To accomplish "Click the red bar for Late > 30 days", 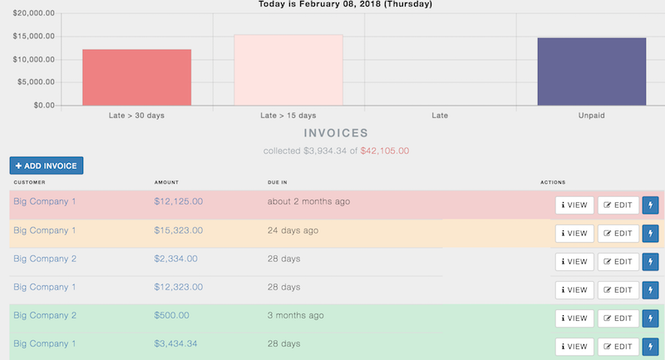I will [136, 77].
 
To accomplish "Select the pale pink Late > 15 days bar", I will [288, 70].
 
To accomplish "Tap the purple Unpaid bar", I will [591, 72].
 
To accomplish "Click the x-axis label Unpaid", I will [591, 116].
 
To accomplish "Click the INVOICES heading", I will [336, 133].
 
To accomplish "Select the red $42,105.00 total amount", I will [385, 151].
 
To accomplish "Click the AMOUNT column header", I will [167, 181].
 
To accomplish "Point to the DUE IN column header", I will [278, 181].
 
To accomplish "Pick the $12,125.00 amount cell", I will [179, 202].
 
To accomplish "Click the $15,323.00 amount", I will [179, 230].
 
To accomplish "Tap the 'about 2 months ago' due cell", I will [308, 202].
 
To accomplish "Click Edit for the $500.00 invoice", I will [618, 318].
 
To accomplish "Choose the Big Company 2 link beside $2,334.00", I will [45, 259].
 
